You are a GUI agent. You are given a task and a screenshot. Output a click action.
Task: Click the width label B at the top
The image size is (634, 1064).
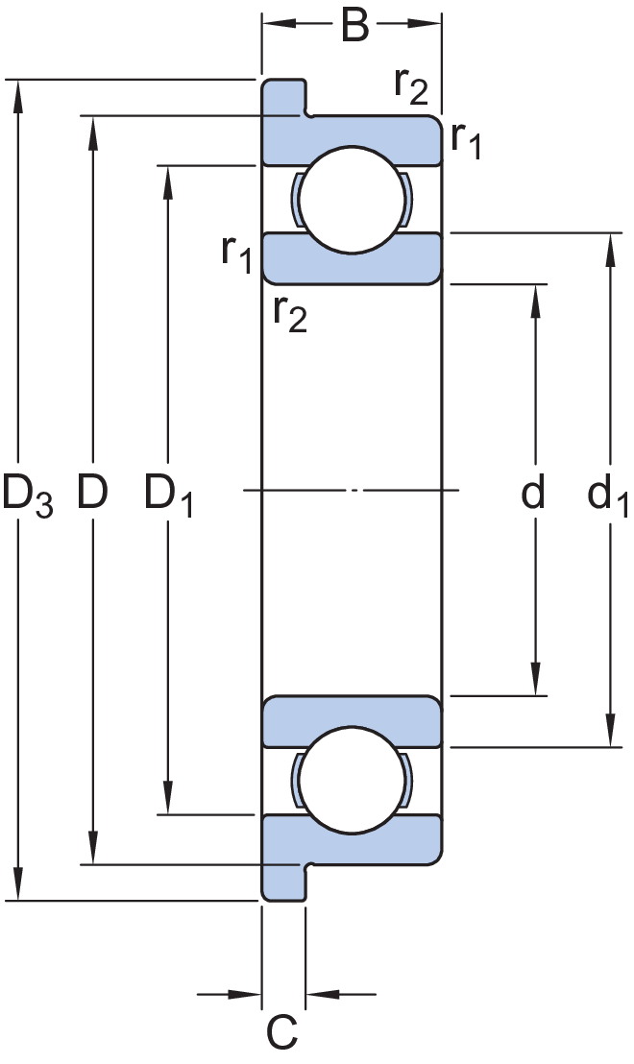(x=354, y=26)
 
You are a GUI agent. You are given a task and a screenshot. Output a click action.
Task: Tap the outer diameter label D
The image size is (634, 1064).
(x=92, y=492)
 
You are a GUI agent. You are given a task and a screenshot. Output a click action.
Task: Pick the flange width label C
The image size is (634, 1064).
(x=281, y=1031)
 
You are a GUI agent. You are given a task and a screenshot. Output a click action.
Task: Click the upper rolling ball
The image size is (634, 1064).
(x=352, y=200)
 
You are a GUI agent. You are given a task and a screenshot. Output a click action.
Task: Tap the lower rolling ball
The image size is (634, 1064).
(x=352, y=781)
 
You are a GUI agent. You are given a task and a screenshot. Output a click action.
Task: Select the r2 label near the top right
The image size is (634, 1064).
(x=411, y=86)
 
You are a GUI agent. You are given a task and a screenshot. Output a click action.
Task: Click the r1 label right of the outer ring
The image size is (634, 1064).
(x=466, y=140)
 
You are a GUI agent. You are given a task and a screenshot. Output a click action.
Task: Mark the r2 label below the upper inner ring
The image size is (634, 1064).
(x=290, y=313)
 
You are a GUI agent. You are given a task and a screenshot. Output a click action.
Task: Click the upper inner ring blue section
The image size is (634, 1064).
(x=352, y=266)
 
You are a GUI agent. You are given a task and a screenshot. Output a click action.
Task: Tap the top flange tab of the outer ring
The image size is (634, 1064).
(x=283, y=96)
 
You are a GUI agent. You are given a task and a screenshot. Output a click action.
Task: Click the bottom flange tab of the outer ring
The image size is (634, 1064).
(x=283, y=883)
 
